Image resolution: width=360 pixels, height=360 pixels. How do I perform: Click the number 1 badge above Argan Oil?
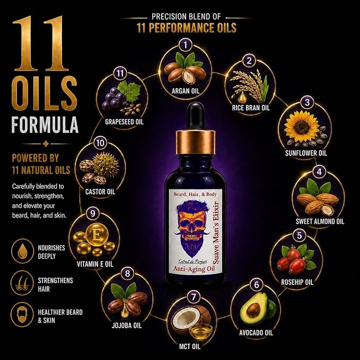(185, 45)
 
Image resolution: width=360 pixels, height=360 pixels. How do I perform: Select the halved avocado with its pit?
(254, 309)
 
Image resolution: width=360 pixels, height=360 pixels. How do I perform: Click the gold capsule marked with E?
(97, 235)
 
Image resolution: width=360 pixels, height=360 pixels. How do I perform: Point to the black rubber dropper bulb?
(196, 116)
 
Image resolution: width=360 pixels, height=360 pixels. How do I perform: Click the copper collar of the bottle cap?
(196, 142)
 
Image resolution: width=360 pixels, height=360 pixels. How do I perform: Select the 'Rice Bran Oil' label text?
(251, 108)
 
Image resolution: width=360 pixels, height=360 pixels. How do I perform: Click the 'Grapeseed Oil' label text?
(124, 122)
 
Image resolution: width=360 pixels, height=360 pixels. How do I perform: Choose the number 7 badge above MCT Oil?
(194, 297)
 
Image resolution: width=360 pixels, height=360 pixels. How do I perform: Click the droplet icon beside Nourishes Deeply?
(22, 251)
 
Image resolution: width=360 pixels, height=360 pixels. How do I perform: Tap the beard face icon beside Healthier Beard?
(22, 314)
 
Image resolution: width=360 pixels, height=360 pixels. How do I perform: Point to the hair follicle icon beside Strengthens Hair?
(22, 283)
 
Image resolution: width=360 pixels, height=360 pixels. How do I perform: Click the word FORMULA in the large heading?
(45, 125)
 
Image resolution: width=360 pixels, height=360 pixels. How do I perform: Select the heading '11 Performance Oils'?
(187, 28)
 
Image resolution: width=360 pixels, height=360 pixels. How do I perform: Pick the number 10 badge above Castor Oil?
(100, 143)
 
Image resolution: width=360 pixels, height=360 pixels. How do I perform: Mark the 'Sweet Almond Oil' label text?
(320, 221)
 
